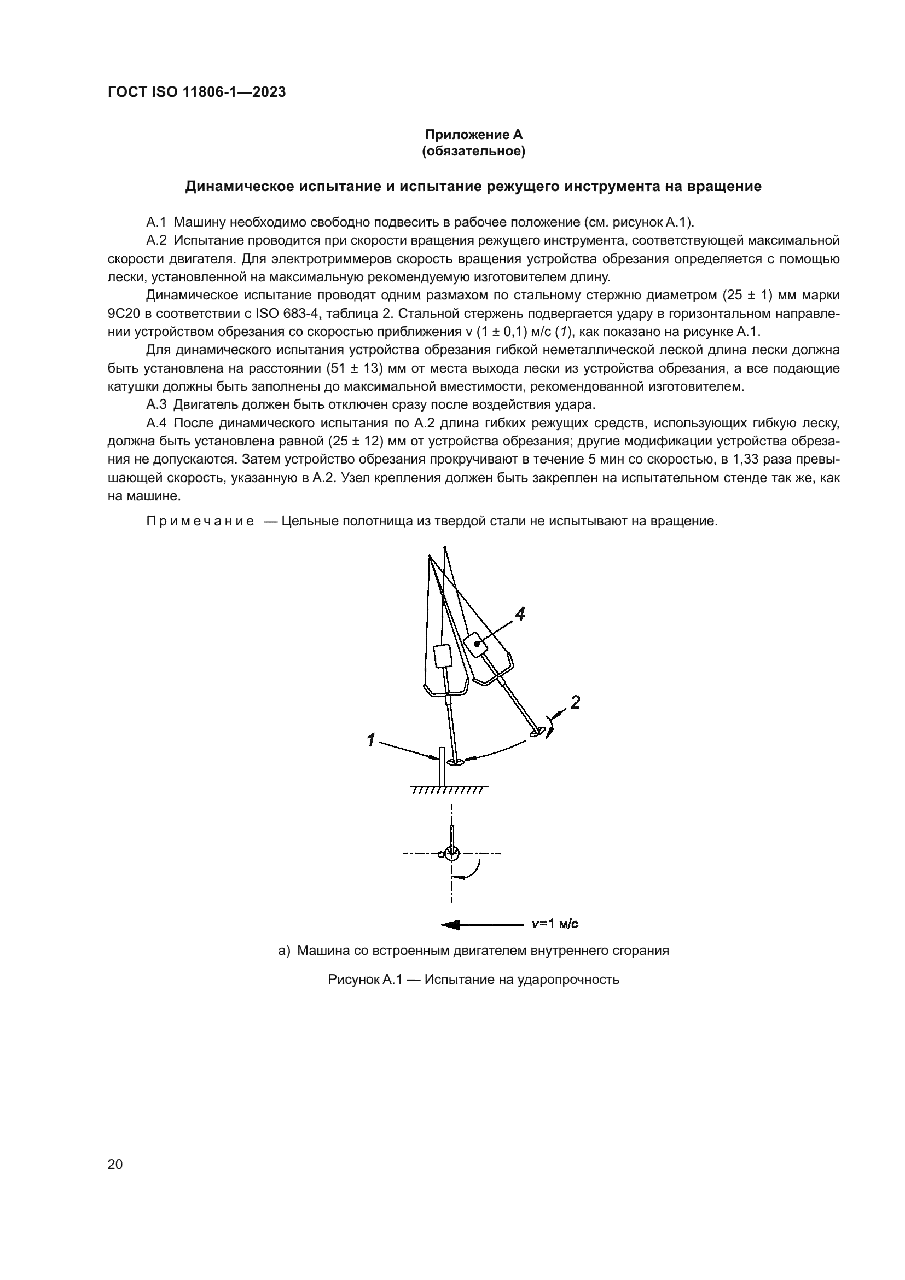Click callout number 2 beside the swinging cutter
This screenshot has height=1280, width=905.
click(575, 702)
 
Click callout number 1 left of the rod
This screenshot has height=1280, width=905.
click(369, 740)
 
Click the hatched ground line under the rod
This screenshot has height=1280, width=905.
click(449, 790)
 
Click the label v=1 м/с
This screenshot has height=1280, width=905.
click(554, 924)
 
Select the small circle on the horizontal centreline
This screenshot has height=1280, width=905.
click(442, 854)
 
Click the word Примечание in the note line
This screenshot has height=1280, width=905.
click(200, 522)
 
